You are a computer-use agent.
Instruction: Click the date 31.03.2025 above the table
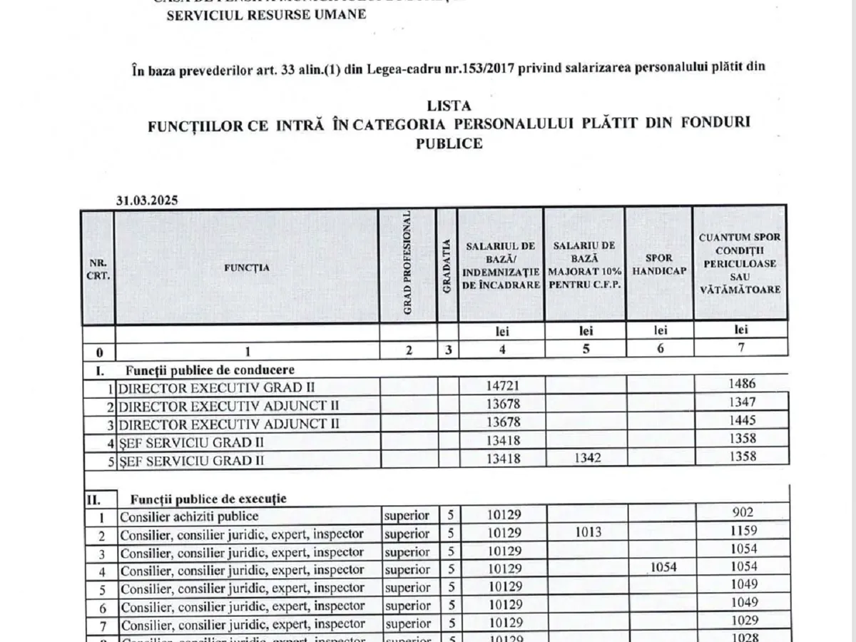click(x=147, y=200)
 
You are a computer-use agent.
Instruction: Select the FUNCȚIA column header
click(x=247, y=268)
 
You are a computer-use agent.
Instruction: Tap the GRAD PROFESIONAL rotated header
click(x=409, y=263)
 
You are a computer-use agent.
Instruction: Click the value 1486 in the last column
click(x=743, y=384)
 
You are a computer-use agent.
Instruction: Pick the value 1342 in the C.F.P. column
click(x=586, y=458)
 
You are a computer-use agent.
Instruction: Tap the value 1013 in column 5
click(x=586, y=532)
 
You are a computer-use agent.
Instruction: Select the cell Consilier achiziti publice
click(x=189, y=516)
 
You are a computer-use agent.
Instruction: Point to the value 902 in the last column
click(x=743, y=512)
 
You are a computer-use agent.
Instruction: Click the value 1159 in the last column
click(x=743, y=531)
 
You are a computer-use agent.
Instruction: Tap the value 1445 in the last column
click(x=743, y=421)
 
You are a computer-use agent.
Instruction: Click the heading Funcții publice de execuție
click(x=208, y=499)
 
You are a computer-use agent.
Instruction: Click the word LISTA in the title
click(x=449, y=106)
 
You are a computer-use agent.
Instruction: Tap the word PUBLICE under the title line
click(x=449, y=143)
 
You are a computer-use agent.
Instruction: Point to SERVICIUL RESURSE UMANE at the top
click(x=266, y=14)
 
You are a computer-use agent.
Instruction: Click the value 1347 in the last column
click(x=743, y=402)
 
